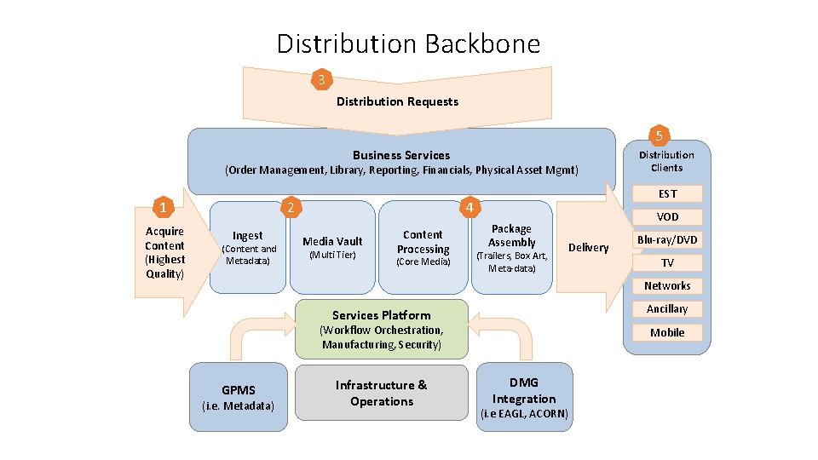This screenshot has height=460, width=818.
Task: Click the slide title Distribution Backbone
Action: tap(408, 43)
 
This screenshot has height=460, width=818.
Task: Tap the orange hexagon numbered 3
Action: tap(321, 80)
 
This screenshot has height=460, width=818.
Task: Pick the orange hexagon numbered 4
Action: tap(468, 207)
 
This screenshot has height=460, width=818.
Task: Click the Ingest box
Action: tap(248, 247)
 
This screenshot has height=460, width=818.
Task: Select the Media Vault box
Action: tap(332, 247)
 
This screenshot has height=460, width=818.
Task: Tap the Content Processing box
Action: tap(423, 247)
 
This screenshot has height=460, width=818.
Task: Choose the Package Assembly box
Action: tap(511, 247)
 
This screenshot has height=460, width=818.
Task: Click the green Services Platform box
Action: tap(382, 329)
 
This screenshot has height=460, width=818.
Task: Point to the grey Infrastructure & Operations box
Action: tap(381, 393)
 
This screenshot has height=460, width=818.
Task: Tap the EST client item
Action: tap(667, 194)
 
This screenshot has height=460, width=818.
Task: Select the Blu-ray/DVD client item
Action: tap(667, 240)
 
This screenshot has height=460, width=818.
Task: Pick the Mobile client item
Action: tap(667, 332)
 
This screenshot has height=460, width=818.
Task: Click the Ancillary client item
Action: tap(667, 309)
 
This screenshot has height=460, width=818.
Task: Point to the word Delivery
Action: tap(588, 247)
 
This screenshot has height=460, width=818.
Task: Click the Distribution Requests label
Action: tap(397, 101)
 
